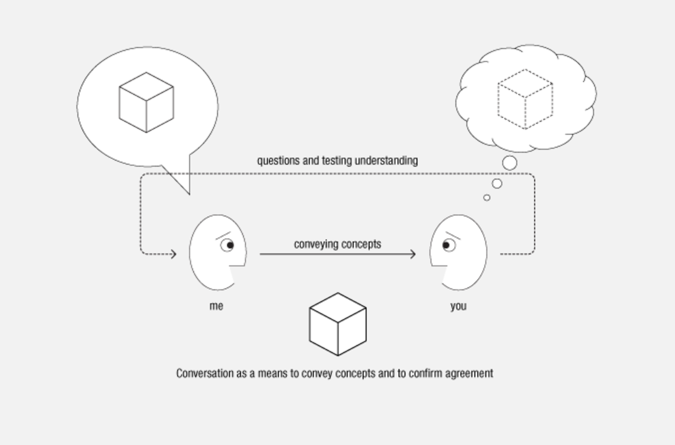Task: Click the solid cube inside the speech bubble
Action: click(x=146, y=102)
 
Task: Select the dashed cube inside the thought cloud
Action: click(x=525, y=99)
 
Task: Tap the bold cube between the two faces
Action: click(x=338, y=324)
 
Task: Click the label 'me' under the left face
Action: click(x=216, y=306)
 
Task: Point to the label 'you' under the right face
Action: click(x=458, y=306)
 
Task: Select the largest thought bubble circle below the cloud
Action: click(x=509, y=163)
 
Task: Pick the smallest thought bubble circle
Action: click(x=487, y=197)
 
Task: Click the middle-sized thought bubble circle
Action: click(x=497, y=183)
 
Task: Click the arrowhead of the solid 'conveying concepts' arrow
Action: click(x=413, y=254)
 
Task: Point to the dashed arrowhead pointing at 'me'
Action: click(x=174, y=254)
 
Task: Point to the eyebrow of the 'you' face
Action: click(x=453, y=236)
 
